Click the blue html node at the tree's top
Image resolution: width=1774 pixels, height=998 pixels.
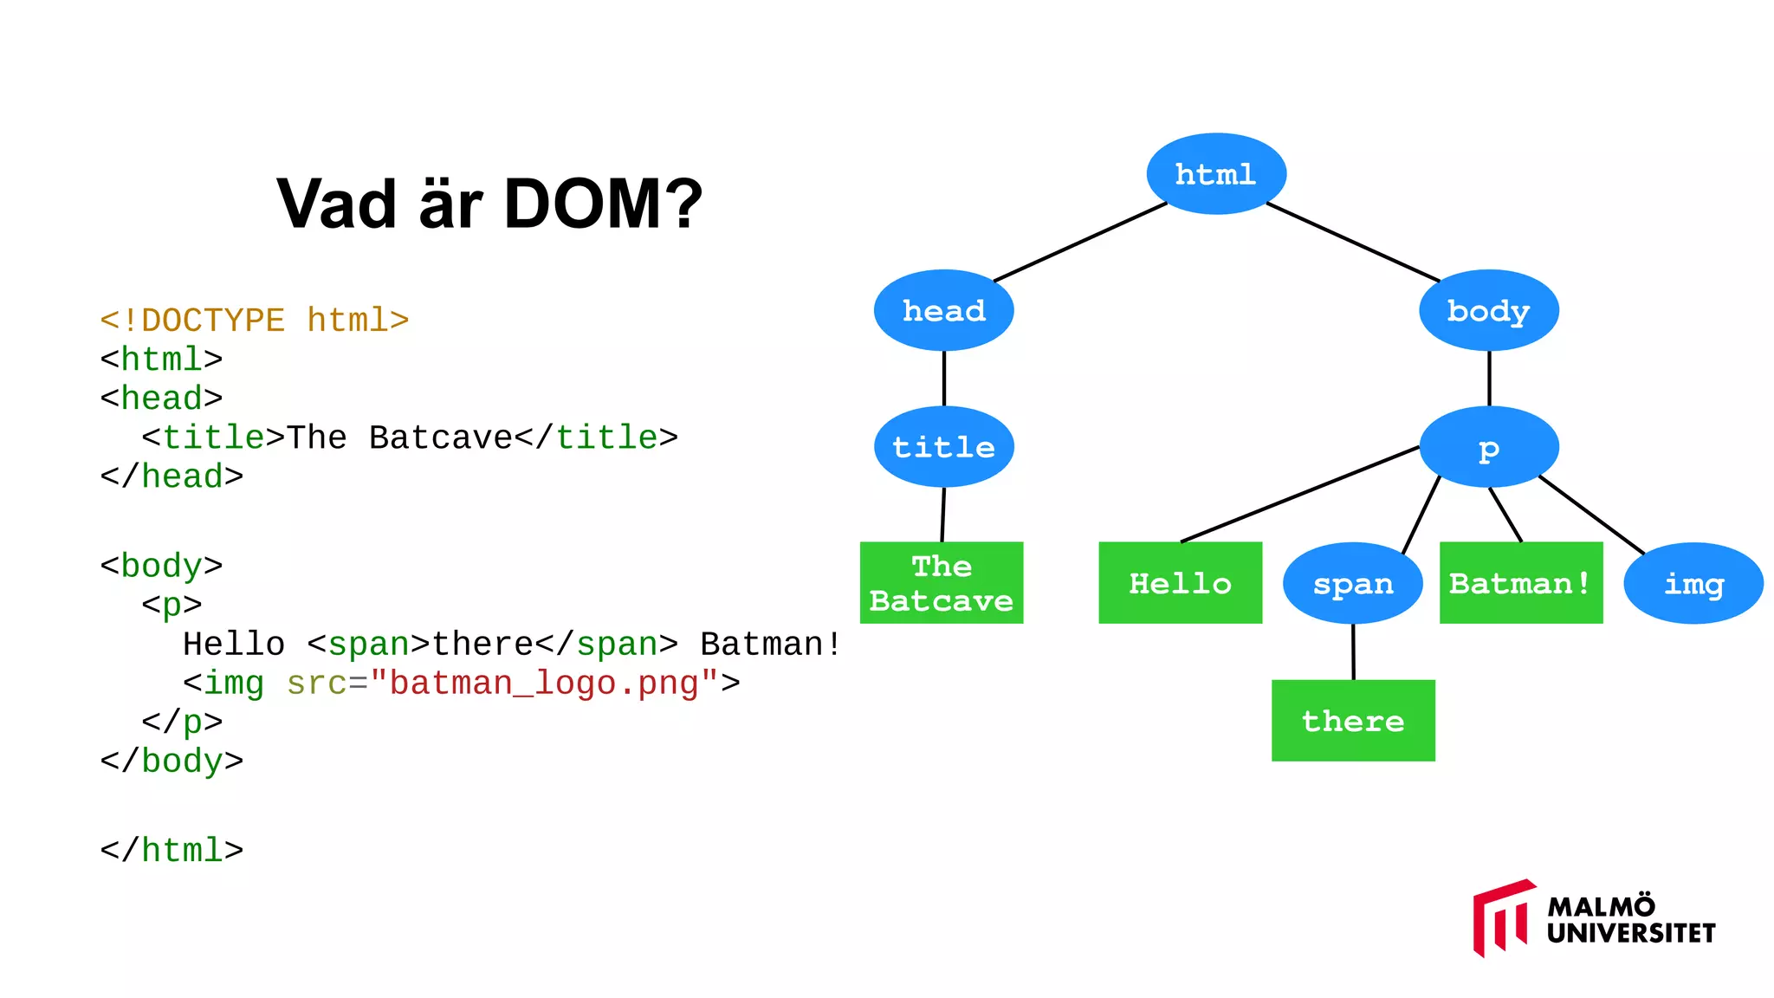pyautogui.click(x=1216, y=174)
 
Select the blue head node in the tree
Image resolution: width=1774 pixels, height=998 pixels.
pyautogui.click(x=943, y=310)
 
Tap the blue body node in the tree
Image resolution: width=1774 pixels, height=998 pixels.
pyautogui.click(x=1488, y=310)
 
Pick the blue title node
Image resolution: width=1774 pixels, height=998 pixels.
pyautogui.click(x=943, y=447)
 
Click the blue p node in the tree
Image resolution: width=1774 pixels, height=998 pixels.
pyautogui.click(x=1488, y=447)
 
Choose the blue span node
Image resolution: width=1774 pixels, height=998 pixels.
pyautogui.click(x=1352, y=583)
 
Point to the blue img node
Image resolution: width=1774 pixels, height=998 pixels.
pyautogui.click(x=1693, y=583)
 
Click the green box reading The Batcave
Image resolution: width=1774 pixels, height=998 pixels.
pyautogui.click(x=942, y=583)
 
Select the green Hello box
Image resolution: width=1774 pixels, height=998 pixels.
pyautogui.click(x=1180, y=583)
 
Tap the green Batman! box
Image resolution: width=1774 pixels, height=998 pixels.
pyautogui.click(x=1520, y=583)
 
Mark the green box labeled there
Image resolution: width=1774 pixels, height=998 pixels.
pyautogui.click(x=1352, y=721)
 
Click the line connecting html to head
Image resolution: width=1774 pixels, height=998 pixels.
pyautogui.click(x=1080, y=243)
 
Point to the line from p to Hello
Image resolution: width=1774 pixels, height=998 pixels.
pyautogui.click(x=1299, y=494)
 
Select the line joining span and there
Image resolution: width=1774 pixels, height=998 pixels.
pyautogui.click(x=1353, y=651)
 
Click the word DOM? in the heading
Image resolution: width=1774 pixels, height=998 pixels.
pyautogui.click(x=603, y=204)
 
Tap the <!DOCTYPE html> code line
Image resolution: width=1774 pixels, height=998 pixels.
pyautogui.click(x=254, y=321)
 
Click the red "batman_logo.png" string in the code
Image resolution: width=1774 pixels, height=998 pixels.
pyautogui.click(x=544, y=684)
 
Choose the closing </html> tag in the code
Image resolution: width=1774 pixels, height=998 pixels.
pyautogui.click(x=172, y=851)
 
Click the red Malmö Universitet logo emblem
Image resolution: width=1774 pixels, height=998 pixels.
pyautogui.click(x=1501, y=918)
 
